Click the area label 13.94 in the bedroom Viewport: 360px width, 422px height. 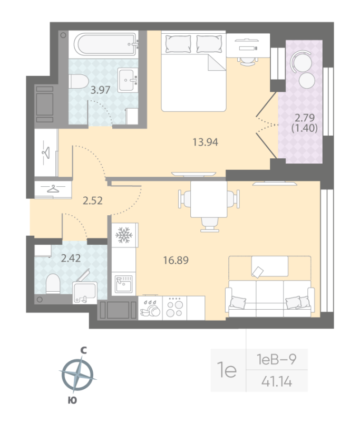click(205, 141)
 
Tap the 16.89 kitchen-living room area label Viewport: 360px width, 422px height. click(176, 260)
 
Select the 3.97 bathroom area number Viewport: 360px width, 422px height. click(100, 90)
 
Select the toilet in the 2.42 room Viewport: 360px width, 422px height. click(53, 283)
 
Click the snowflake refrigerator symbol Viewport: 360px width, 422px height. click(124, 235)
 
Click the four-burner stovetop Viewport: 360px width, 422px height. click(174, 307)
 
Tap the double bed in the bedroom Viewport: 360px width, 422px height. click(193, 71)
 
